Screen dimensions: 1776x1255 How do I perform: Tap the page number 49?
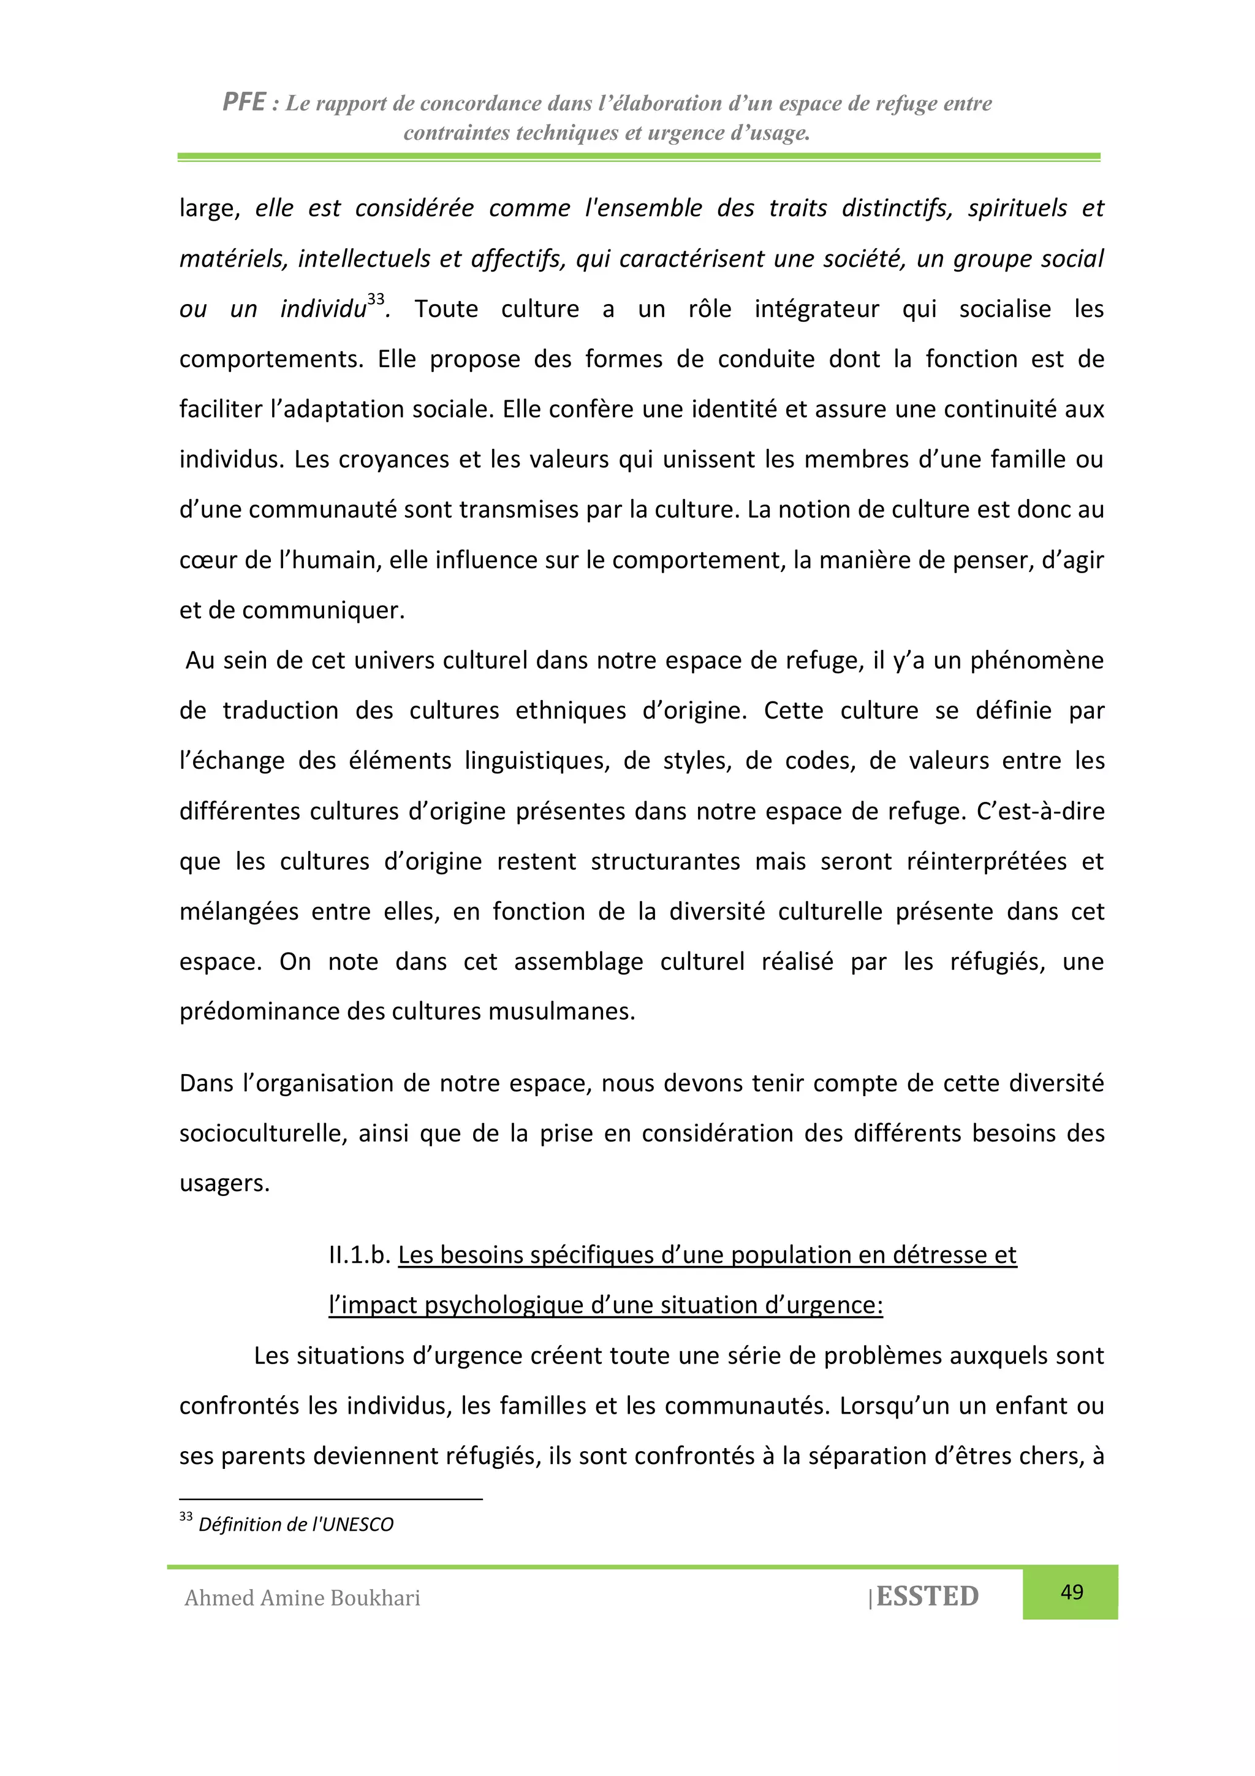pyautogui.click(x=1072, y=1592)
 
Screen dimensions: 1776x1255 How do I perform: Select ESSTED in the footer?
pyautogui.click(x=927, y=1596)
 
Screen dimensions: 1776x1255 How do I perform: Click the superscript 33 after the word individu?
pyautogui.click(x=376, y=299)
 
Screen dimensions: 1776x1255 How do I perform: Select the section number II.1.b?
pyautogui.click(x=359, y=1255)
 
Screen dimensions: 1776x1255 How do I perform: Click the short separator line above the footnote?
pyautogui.click(x=331, y=1499)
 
